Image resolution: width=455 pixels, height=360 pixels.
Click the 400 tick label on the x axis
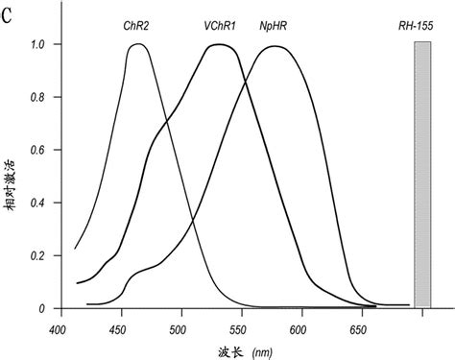[60, 327]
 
